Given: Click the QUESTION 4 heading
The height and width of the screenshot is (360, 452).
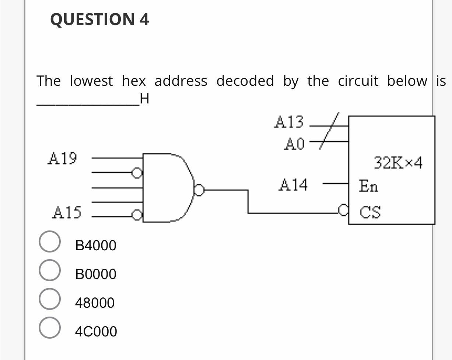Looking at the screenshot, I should [99, 20].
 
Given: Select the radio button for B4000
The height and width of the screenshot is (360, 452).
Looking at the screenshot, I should [49, 242].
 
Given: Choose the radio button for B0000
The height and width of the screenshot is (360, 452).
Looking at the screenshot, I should [49, 270].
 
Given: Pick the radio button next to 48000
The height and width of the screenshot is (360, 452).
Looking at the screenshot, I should [49, 299].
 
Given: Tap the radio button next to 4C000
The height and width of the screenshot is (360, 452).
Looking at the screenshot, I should [49, 328].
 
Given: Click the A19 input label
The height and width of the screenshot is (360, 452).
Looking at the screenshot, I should [62, 158].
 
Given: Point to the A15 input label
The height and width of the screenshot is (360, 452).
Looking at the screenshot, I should [67, 212].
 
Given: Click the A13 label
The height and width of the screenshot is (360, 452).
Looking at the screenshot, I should [289, 122].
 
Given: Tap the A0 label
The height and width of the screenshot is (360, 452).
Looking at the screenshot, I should [294, 144].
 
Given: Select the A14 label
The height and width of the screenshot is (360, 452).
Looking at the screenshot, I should [293, 185].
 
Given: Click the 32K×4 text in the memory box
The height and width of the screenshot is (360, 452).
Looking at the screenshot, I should [398, 162].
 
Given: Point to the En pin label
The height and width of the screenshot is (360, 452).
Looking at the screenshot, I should [368, 186].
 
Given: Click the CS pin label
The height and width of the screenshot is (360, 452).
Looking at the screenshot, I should [370, 212].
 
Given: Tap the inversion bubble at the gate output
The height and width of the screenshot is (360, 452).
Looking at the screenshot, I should [199, 190].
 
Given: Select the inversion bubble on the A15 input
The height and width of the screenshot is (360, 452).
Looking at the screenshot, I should [137, 215].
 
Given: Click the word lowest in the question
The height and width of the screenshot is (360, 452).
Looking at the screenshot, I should [91, 81].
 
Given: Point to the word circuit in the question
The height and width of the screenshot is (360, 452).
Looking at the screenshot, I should [358, 81].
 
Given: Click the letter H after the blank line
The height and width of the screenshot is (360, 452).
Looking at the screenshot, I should [144, 99].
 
